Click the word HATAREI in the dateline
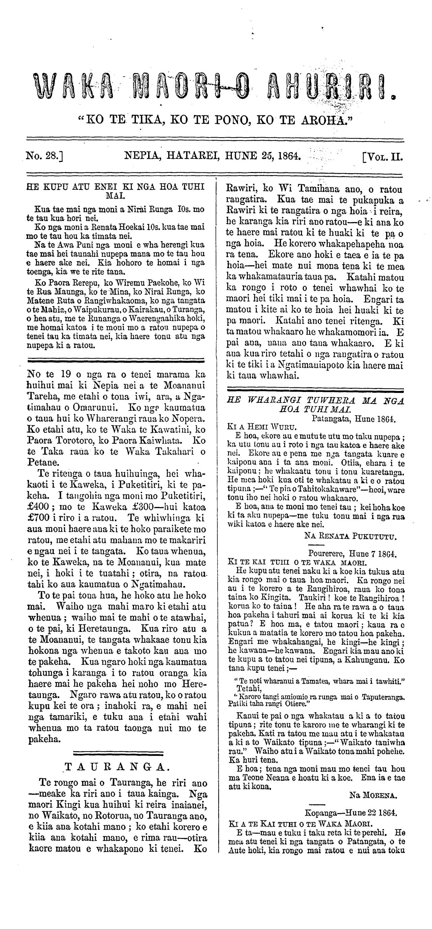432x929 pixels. pos(194,156)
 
